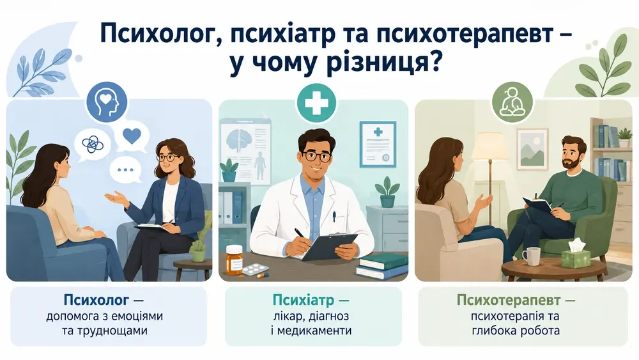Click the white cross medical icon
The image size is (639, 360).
317,104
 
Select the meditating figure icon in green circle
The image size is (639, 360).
512,102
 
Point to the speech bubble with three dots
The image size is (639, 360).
125,169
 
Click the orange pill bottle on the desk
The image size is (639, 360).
234,260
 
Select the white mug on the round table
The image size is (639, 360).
530,256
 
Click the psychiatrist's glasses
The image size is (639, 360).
316,156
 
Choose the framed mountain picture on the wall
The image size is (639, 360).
532,149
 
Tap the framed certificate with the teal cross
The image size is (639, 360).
378,144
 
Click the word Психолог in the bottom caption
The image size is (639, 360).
96,301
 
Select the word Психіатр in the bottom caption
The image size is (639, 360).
304,301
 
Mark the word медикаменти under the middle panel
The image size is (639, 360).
314,330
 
